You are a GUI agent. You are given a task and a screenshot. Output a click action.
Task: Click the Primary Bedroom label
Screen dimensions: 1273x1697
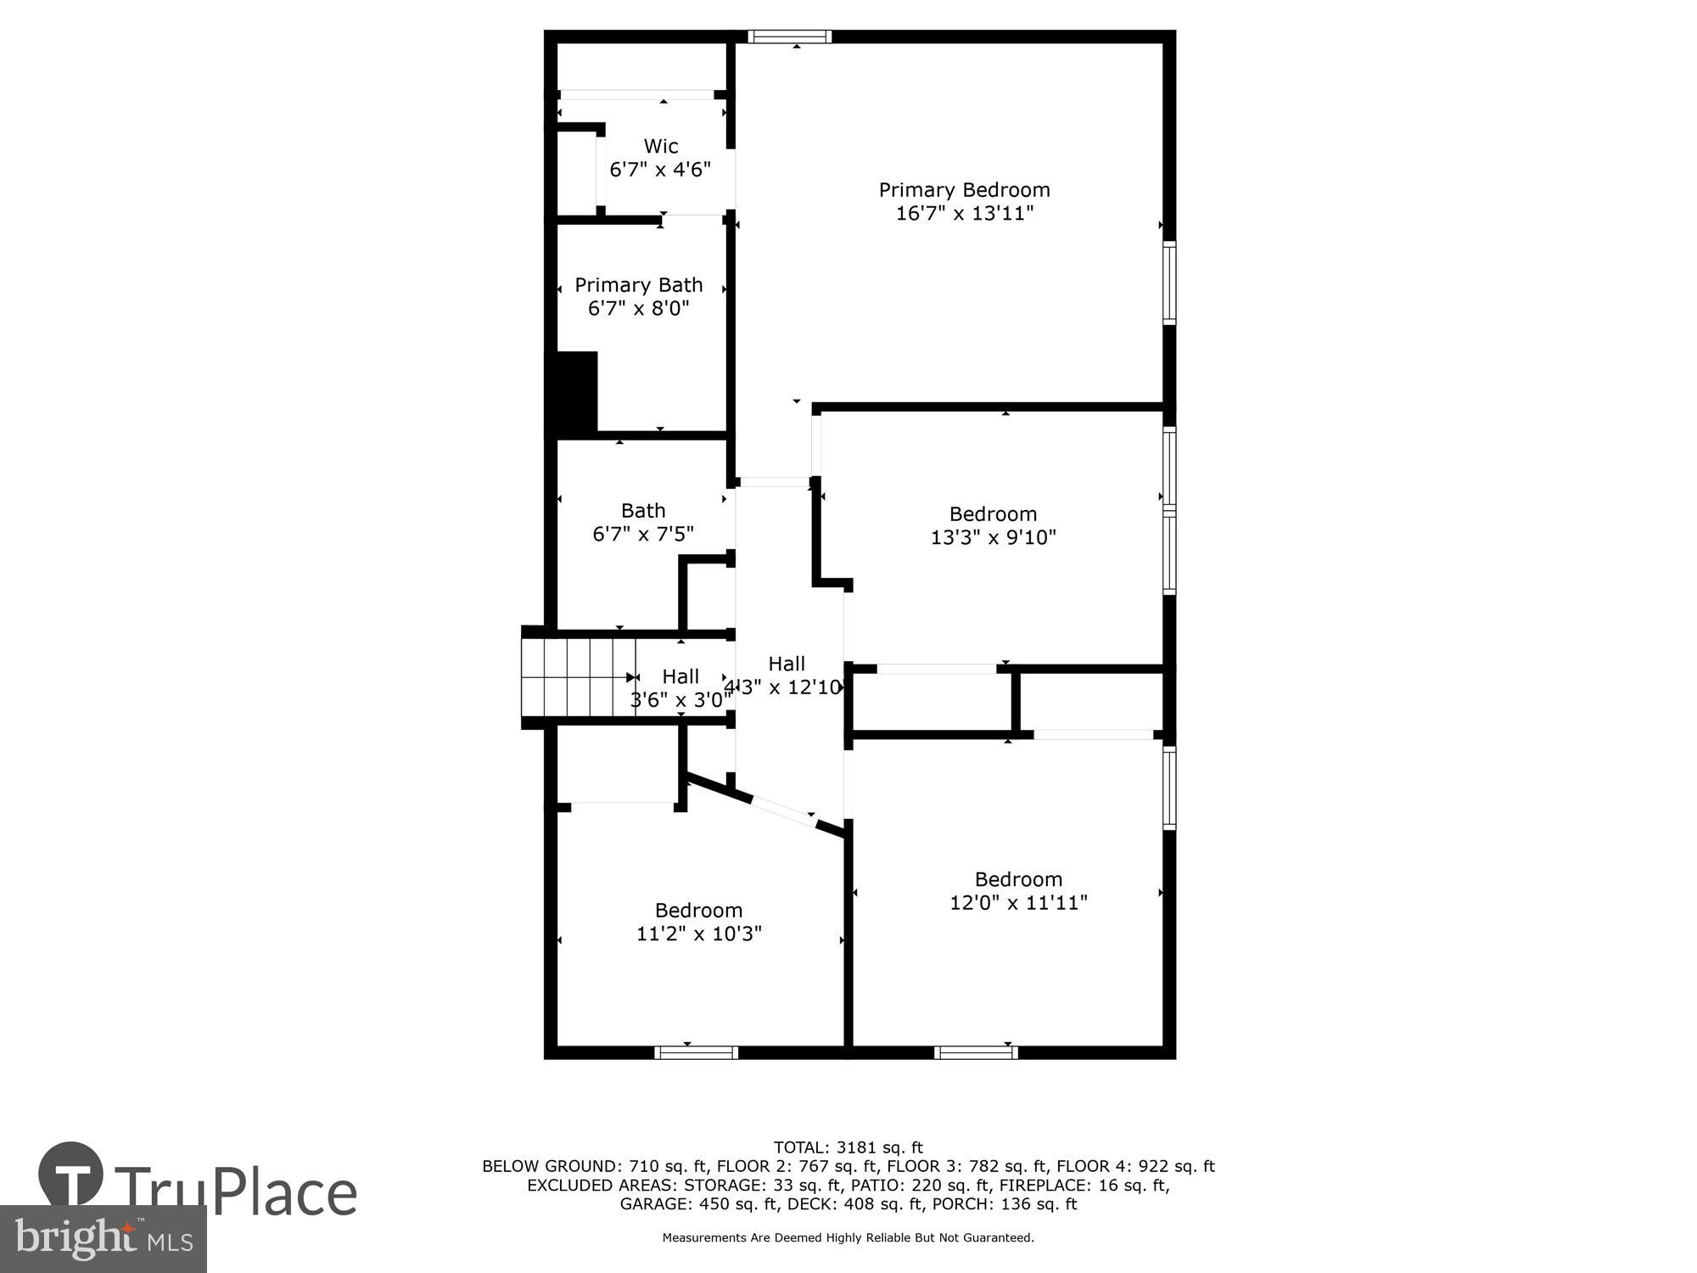(x=964, y=190)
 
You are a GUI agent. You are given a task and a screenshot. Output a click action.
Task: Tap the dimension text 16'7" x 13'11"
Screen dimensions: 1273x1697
(x=964, y=213)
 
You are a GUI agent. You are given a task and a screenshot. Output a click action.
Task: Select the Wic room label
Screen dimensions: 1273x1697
(x=660, y=146)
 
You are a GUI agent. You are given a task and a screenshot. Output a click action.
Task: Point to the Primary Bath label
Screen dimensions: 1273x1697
(x=638, y=285)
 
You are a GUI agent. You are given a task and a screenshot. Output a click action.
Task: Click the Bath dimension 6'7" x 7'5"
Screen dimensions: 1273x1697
(x=642, y=534)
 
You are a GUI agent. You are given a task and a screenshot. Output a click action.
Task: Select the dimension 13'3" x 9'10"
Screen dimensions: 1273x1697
(x=993, y=537)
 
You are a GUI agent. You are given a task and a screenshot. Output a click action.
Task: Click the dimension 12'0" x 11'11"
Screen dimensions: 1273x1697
(x=1017, y=902)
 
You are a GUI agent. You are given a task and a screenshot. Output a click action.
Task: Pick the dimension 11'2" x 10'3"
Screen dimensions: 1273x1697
(x=698, y=934)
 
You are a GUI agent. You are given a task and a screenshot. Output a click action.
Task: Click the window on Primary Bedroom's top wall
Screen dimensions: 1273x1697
(x=789, y=36)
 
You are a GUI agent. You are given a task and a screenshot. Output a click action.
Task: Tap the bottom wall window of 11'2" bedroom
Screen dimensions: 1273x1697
(x=696, y=1052)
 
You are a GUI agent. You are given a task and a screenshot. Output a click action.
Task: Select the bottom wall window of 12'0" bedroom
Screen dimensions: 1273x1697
(x=976, y=1052)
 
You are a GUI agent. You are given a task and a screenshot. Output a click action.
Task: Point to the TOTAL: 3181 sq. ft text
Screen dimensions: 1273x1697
(x=848, y=1148)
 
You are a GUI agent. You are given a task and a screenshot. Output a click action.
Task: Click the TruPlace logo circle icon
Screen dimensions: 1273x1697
(x=71, y=1175)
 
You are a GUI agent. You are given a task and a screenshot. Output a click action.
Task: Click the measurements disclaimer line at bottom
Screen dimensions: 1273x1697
(x=848, y=1238)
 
